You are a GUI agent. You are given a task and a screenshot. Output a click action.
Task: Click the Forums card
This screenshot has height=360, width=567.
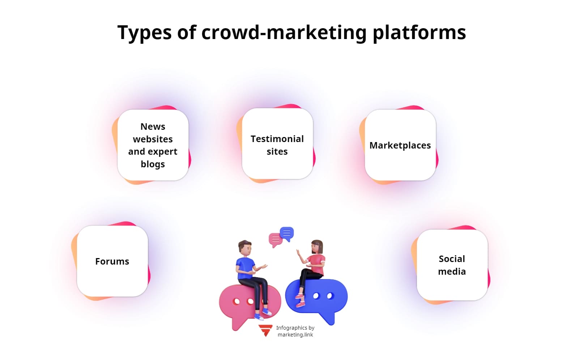[112, 261]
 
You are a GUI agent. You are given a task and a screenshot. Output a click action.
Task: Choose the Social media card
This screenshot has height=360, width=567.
[452, 265]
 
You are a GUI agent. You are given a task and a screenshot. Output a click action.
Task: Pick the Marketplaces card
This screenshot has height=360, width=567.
[400, 145]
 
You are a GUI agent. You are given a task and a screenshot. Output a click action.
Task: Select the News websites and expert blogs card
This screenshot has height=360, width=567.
[153, 145]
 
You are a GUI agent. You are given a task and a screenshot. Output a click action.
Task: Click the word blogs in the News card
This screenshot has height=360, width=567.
[153, 164]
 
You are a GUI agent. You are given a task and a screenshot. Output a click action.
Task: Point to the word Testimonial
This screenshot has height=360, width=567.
[277, 139]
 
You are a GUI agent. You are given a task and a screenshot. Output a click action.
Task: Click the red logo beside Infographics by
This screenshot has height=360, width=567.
[265, 330]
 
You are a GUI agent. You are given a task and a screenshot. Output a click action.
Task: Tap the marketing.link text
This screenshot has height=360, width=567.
[295, 335]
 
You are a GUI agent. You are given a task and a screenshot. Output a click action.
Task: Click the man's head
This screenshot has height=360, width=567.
[245, 248]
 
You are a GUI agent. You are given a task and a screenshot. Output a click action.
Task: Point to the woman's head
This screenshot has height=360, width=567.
[317, 247]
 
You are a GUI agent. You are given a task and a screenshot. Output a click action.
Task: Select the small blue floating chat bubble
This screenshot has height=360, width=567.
[287, 233]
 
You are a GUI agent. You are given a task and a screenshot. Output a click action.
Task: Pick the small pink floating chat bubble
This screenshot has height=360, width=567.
[275, 239]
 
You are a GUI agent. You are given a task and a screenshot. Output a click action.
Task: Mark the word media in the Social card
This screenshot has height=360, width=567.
[452, 271]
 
